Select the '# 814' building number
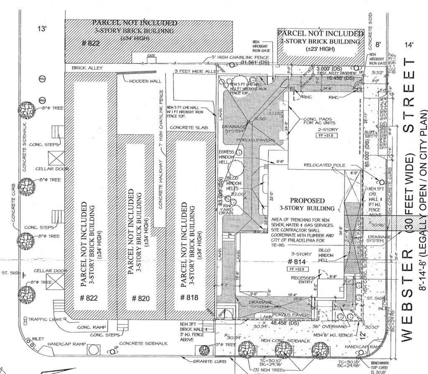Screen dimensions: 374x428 pyautogui.click(x=294, y=261)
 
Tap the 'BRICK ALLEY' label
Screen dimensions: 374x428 pyautogui.click(x=87, y=67)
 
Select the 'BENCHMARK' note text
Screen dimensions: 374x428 pyautogui.click(x=381, y=363)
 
